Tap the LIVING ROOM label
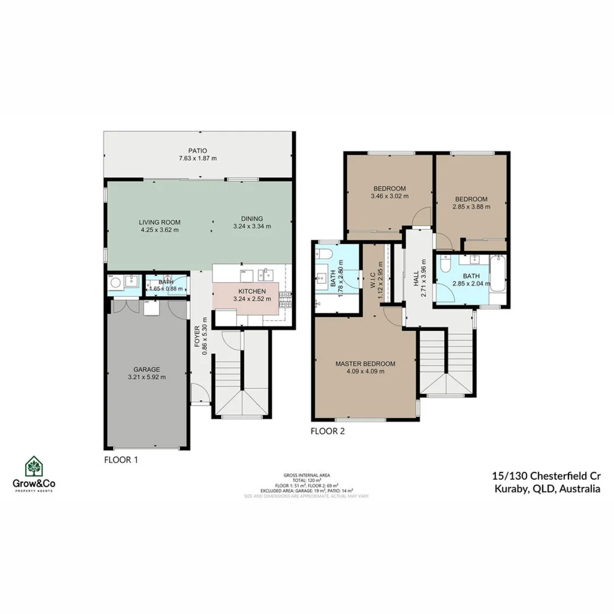tap(160, 222)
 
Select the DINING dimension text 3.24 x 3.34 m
tap(252, 226)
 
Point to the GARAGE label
tap(146, 369)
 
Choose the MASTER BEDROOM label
tap(365, 364)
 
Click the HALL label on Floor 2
tap(416, 278)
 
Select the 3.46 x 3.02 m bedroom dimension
tap(389, 196)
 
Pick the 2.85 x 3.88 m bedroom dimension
tap(471, 206)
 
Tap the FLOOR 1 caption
tap(121, 459)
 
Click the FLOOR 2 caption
tap(327, 431)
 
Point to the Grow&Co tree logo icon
tap(34, 467)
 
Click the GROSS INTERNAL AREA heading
tap(306, 474)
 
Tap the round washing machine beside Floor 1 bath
tap(116, 282)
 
